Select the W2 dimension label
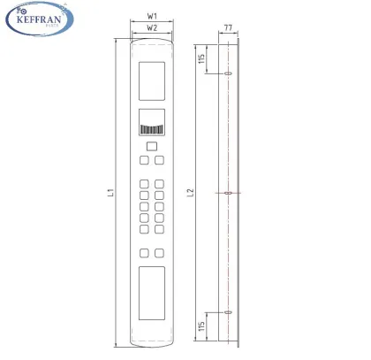click(x=152, y=28)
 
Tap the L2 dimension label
click(x=191, y=191)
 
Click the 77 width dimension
click(x=228, y=29)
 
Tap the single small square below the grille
click(x=152, y=146)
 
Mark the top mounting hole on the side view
click(x=227, y=74)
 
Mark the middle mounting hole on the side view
click(x=227, y=192)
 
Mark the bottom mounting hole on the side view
click(x=227, y=311)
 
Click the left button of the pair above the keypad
click(x=144, y=160)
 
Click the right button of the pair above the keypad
click(x=160, y=160)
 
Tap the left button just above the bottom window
click(x=144, y=252)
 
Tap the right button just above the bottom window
click(x=160, y=252)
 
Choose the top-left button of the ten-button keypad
click(x=144, y=185)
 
